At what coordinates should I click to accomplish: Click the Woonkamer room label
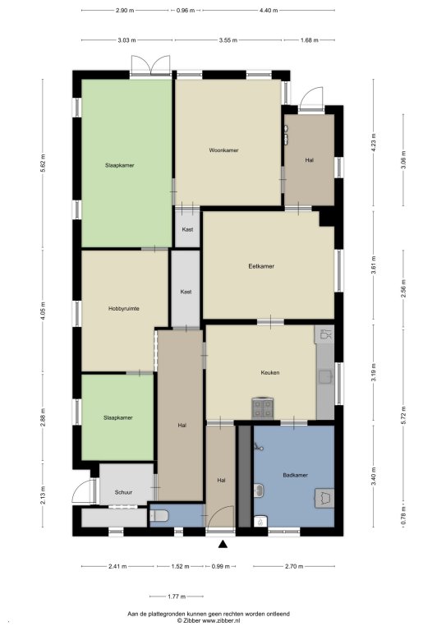pyautogui.click(x=223, y=150)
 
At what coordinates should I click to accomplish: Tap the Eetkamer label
pyautogui.click(x=261, y=266)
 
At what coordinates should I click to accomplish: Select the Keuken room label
pyautogui.click(x=270, y=373)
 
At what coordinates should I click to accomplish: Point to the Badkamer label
pyautogui.click(x=295, y=475)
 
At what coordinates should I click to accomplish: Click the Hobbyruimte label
pyautogui.click(x=124, y=309)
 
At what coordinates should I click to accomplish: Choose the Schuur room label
pyautogui.click(x=123, y=492)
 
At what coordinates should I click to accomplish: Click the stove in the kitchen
pyautogui.click(x=262, y=408)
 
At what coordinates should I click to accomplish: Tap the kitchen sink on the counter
pyautogui.click(x=325, y=376)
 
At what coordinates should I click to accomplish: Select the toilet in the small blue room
pyautogui.click(x=159, y=515)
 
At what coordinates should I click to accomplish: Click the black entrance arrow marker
pyautogui.click(x=223, y=545)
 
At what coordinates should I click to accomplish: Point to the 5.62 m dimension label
pyautogui.click(x=43, y=163)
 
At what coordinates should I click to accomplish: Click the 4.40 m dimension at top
pyautogui.click(x=269, y=11)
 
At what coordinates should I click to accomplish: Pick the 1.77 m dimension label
pyautogui.click(x=177, y=596)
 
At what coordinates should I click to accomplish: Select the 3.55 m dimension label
pyautogui.click(x=228, y=40)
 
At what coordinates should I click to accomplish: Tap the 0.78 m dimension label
pyautogui.click(x=404, y=516)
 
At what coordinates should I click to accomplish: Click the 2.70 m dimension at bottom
pyautogui.click(x=294, y=566)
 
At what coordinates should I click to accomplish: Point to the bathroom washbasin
pyautogui.click(x=260, y=490)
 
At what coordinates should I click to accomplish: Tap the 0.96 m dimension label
pyautogui.click(x=186, y=11)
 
